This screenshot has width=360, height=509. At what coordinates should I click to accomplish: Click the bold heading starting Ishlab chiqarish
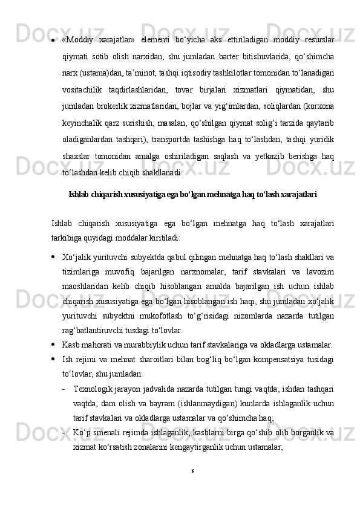pos(192,195)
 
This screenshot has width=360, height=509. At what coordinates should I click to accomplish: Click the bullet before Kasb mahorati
pos(55,346)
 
